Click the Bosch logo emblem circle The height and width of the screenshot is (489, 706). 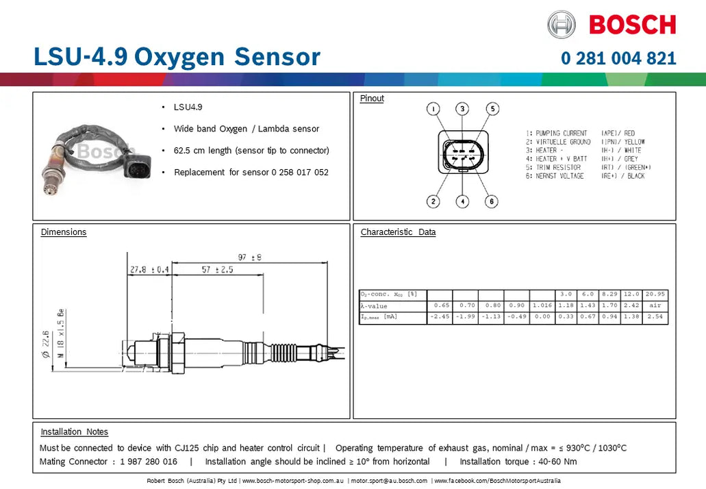[562, 25]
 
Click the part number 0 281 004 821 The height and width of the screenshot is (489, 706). [618, 58]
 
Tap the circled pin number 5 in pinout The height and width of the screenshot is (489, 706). [492, 109]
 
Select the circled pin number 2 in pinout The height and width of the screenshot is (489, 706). [433, 201]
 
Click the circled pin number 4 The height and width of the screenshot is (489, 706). [463, 201]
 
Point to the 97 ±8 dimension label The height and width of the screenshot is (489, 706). [250, 258]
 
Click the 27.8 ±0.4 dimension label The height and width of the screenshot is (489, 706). [149, 270]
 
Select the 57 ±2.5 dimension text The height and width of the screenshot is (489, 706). [218, 270]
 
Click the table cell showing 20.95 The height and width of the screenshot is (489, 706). [655, 294]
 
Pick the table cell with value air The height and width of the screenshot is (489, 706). [655, 305]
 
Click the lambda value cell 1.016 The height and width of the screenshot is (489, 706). [542, 305]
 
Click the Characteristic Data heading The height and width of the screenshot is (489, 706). [398, 232]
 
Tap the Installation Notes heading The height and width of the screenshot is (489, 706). [74, 432]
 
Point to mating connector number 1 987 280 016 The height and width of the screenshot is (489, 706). [148, 462]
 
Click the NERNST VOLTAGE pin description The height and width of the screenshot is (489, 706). [559, 176]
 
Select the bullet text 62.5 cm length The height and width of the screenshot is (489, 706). [251, 151]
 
